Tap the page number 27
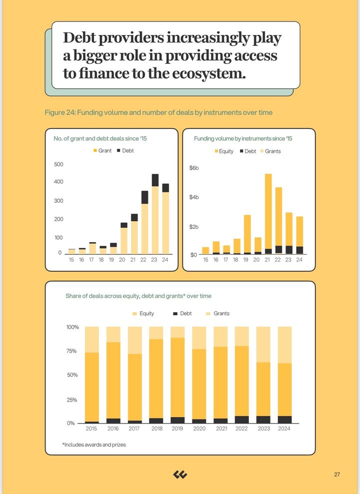click(x=337, y=475)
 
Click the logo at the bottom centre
click(x=180, y=475)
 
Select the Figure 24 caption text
click(x=158, y=112)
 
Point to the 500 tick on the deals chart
click(x=58, y=164)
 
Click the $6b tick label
click(x=194, y=168)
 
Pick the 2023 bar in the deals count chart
click(x=155, y=215)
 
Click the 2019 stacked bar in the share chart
click(x=177, y=375)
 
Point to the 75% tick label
click(x=72, y=351)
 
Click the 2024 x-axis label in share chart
click(x=284, y=429)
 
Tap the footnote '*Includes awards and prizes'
click(x=94, y=445)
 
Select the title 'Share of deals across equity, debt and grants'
click(x=138, y=296)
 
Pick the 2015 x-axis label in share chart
click(x=91, y=429)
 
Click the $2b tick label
click(x=194, y=227)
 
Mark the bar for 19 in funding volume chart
click(x=247, y=235)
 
